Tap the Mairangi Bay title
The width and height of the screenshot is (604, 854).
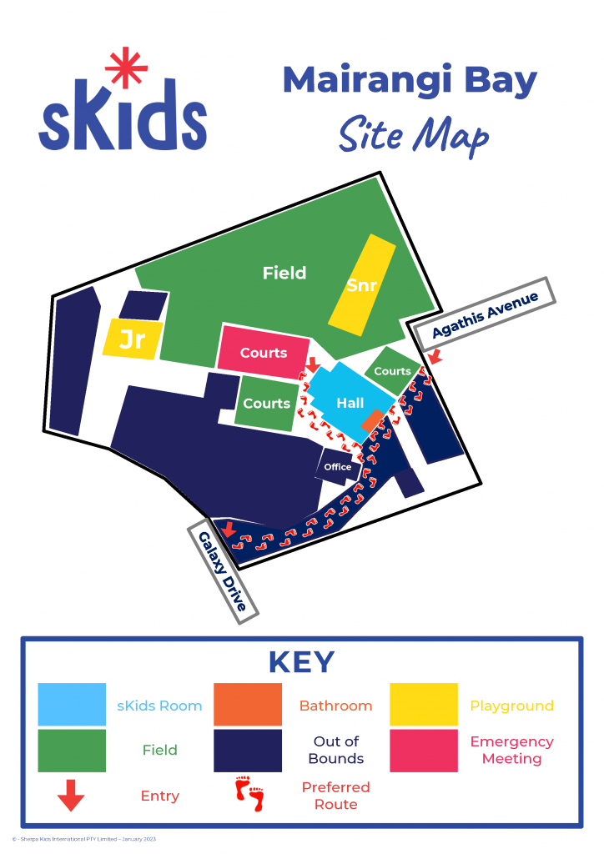[x=410, y=81]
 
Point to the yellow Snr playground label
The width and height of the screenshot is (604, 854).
[x=362, y=285]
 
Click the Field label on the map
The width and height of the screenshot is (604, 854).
[x=284, y=273]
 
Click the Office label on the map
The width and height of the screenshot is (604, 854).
[x=338, y=467]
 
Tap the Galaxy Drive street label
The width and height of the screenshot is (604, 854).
[x=223, y=571]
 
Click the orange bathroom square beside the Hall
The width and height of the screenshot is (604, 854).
[x=373, y=420]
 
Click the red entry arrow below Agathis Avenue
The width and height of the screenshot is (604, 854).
[x=433, y=356]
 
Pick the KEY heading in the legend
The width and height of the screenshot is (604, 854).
[x=301, y=662]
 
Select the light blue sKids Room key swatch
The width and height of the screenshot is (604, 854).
[x=72, y=705]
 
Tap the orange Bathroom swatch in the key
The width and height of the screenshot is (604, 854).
[x=247, y=705]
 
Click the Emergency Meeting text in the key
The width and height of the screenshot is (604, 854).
[x=511, y=750]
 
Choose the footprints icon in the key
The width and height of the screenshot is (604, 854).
[x=249, y=795]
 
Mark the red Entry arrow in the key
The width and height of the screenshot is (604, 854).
[x=71, y=796]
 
